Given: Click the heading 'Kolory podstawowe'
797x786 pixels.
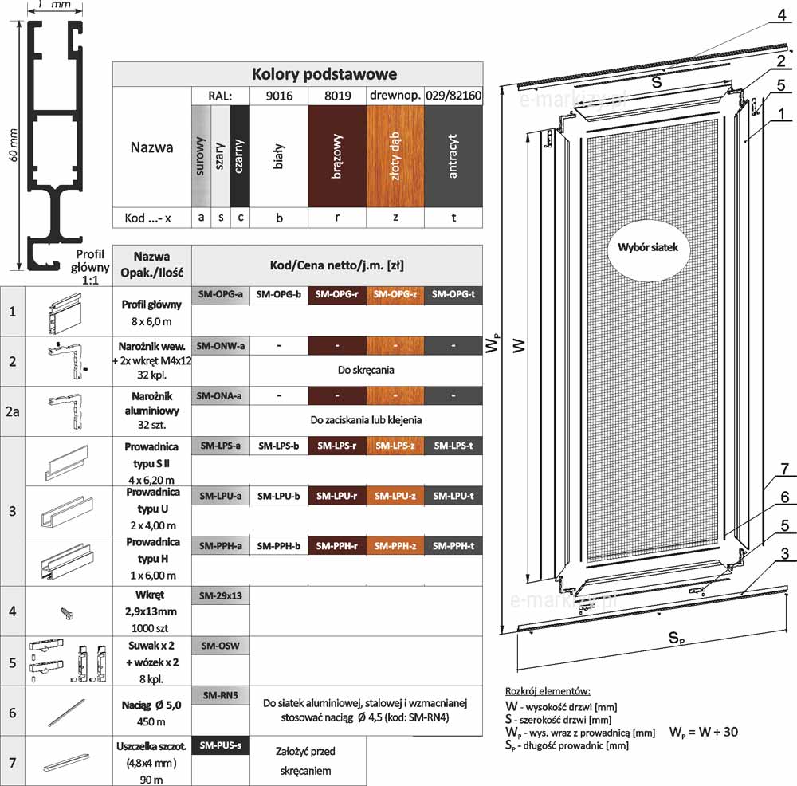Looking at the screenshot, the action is click(x=324, y=74).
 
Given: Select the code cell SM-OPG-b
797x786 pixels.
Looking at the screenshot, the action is click(x=278, y=294).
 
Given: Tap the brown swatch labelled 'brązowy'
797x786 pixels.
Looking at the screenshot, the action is click(x=337, y=156).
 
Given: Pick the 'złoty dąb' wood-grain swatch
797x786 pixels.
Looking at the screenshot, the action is click(x=395, y=156).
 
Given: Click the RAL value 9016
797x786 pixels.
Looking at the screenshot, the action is click(x=279, y=96).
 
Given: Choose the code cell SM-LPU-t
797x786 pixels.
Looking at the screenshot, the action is click(x=453, y=496).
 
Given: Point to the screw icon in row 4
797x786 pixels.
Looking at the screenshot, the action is click(x=67, y=613).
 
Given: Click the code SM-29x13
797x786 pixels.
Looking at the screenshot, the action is click(x=221, y=595).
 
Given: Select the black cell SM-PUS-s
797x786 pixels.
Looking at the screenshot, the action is click(x=221, y=745).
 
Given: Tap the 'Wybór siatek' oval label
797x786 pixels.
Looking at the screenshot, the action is click(x=648, y=248).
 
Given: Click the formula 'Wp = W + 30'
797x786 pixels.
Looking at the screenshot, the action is click(x=704, y=732).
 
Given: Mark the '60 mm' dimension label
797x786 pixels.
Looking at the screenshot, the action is click(x=14, y=145).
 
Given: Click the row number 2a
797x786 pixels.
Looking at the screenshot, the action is click(x=13, y=411).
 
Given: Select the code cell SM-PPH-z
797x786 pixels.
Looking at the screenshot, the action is click(x=395, y=546).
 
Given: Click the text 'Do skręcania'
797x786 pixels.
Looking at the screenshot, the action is click(x=366, y=370).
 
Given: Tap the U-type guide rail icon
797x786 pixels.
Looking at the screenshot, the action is click(x=67, y=512).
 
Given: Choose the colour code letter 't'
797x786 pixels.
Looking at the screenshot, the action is click(x=453, y=218).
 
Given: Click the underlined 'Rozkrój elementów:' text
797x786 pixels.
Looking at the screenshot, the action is click(x=548, y=691).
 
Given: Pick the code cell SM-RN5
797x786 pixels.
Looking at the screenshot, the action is click(x=221, y=695).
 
